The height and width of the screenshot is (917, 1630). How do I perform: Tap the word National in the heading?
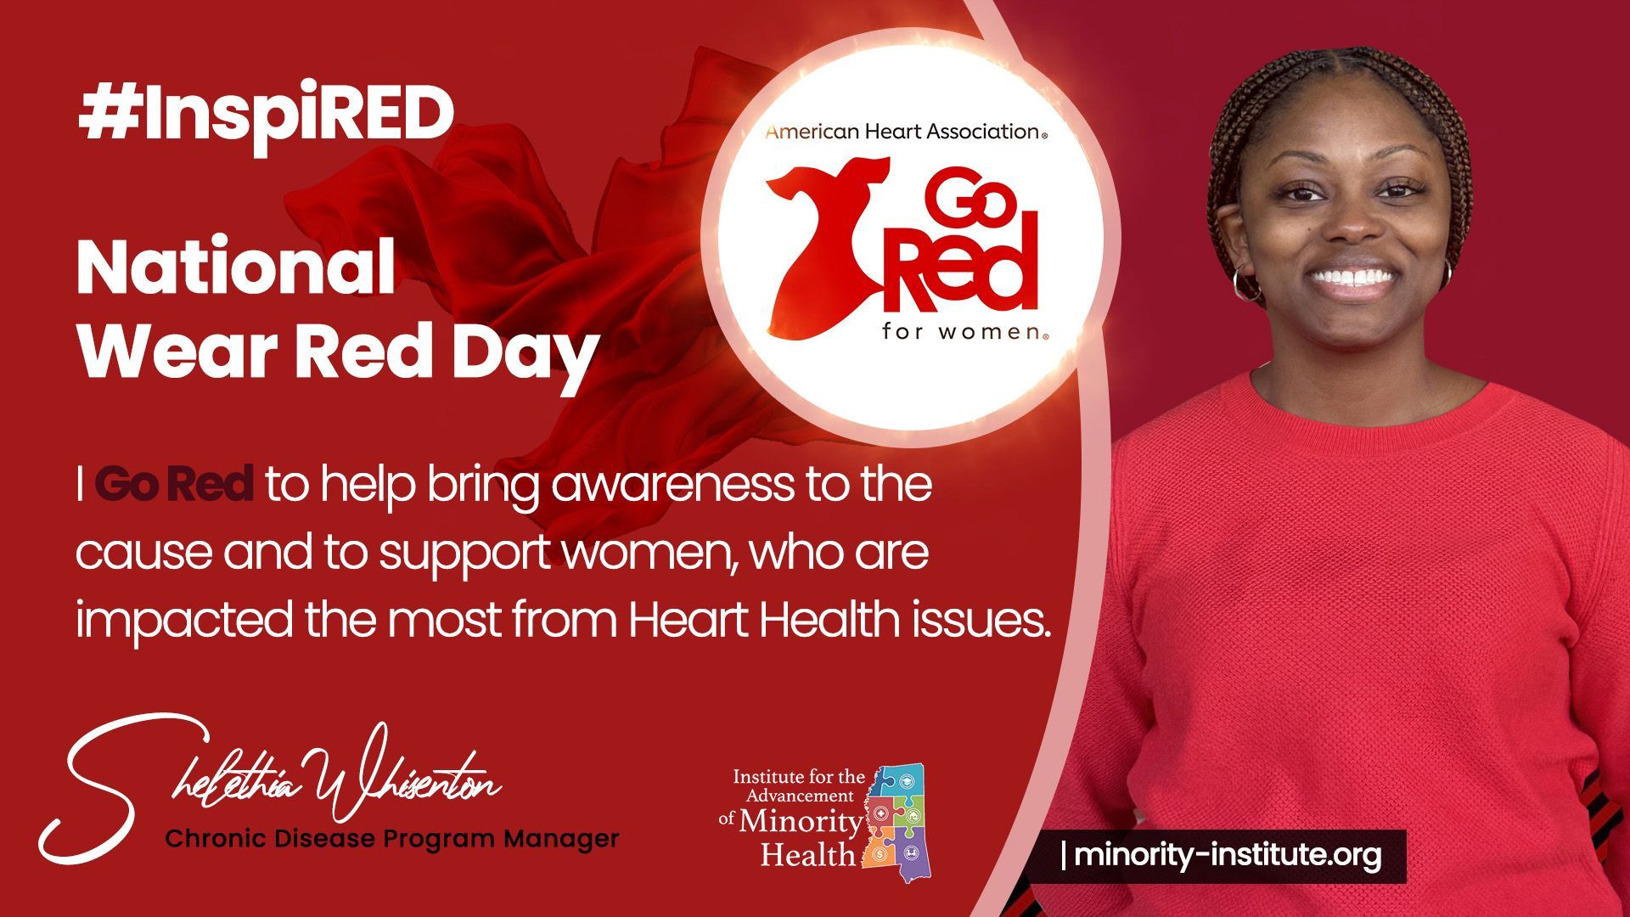(x=236, y=267)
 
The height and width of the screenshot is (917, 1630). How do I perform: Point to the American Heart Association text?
(x=905, y=131)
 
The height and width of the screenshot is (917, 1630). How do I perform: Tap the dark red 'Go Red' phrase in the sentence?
(x=174, y=484)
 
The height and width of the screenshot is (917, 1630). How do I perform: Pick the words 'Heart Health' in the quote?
(x=763, y=620)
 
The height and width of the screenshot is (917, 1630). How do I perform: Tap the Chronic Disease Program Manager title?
(x=391, y=839)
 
